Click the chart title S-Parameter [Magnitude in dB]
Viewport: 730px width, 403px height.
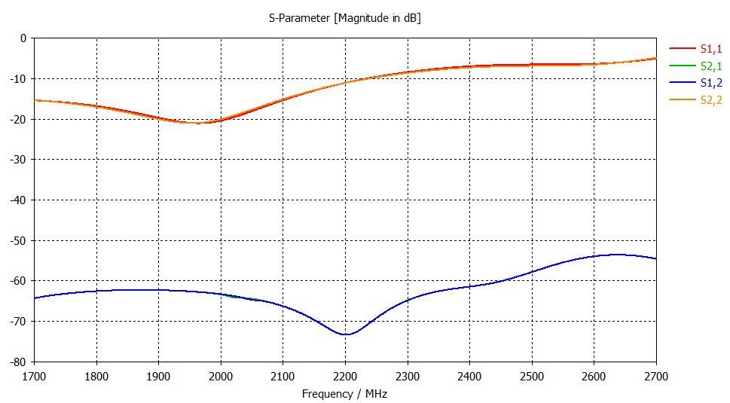click(344, 17)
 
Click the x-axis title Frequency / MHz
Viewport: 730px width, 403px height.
click(344, 393)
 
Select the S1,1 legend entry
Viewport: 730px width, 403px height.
click(710, 49)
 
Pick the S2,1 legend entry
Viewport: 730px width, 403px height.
click(710, 66)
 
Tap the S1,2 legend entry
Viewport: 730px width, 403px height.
click(710, 83)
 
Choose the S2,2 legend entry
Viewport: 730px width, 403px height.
click(710, 100)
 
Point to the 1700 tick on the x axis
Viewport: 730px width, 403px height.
click(35, 375)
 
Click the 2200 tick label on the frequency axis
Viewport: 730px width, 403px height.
click(345, 375)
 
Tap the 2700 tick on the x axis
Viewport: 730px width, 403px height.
click(655, 375)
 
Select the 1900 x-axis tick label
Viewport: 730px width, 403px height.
click(159, 375)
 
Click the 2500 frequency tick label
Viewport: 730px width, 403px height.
click(532, 375)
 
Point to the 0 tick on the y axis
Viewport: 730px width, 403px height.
click(23, 38)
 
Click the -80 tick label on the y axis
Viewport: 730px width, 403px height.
click(18, 362)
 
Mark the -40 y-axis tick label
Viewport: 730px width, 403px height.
click(18, 200)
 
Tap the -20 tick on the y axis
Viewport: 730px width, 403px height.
click(18, 119)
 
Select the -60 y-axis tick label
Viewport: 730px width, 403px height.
click(18, 281)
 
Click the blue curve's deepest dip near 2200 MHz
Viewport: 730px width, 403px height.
click(345, 334)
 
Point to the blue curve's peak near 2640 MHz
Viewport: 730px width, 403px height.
click(618, 255)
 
